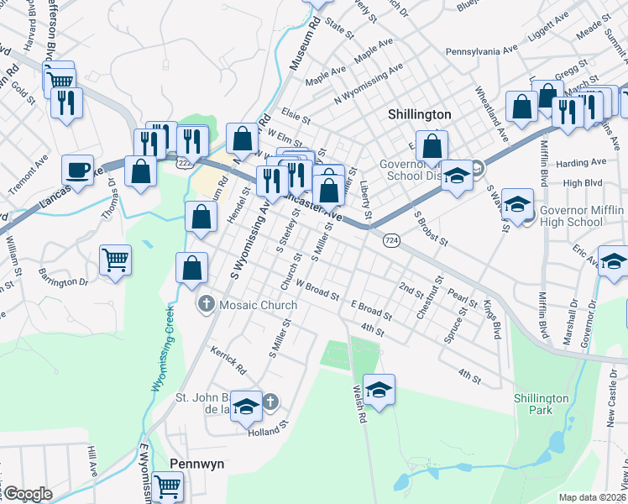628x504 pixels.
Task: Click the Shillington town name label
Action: tap(420, 114)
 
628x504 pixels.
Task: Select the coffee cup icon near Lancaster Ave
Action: tap(78, 170)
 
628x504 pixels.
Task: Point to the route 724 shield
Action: tap(390, 241)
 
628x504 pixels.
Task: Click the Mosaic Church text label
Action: tap(258, 305)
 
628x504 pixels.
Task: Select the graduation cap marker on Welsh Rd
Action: tap(379, 389)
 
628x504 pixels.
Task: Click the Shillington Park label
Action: tap(542, 404)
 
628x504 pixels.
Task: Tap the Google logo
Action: tap(28, 493)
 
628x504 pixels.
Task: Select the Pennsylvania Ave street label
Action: tap(482, 50)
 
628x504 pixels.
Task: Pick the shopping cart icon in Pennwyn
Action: tap(168, 485)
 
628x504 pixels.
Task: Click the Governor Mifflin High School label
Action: tap(581, 216)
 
